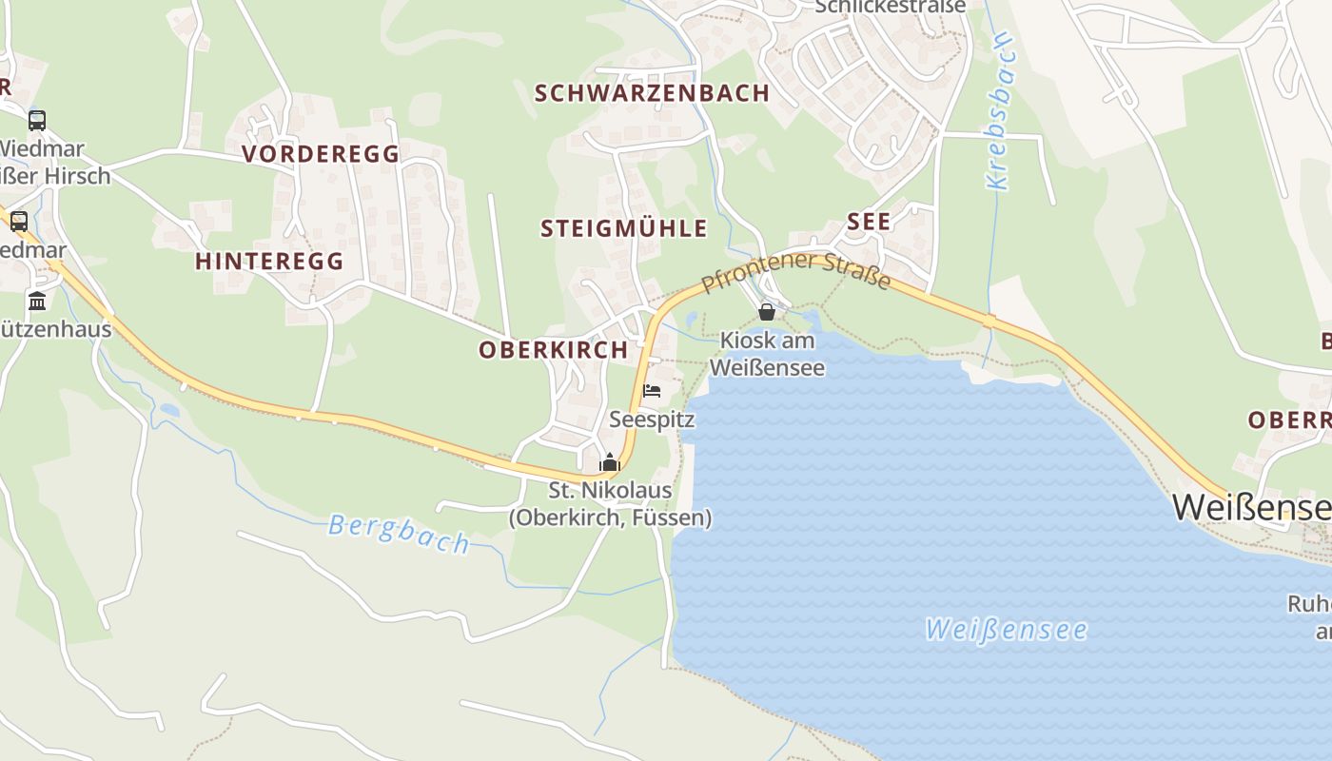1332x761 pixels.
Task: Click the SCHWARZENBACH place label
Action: pyautogui.click(x=652, y=93)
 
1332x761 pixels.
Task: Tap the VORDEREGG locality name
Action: pyautogui.click(x=321, y=154)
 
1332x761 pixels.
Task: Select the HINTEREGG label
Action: pyautogui.click(x=269, y=262)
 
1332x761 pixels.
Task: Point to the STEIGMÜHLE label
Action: pyautogui.click(x=624, y=228)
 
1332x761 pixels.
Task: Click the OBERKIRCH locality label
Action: pyautogui.click(x=554, y=350)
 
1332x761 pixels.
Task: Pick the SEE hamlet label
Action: pyautogui.click(x=869, y=223)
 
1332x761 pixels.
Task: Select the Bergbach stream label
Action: pyautogui.click(x=399, y=533)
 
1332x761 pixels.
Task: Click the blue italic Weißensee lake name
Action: pyautogui.click(x=1007, y=630)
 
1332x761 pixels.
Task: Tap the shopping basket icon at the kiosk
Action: pyautogui.click(x=767, y=311)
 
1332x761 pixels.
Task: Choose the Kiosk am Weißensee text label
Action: pyautogui.click(x=767, y=353)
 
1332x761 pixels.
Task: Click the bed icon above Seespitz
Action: pyautogui.click(x=652, y=391)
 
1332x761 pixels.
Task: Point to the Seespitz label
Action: pyautogui.click(x=652, y=420)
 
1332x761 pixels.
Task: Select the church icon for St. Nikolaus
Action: pyautogui.click(x=609, y=462)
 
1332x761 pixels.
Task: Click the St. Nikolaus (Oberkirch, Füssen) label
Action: pyautogui.click(x=610, y=504)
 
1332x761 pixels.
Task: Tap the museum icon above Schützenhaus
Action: pyautogui.click(x=37, y=302)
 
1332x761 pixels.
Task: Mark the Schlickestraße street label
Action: pyautogui.click(x=891, y=7)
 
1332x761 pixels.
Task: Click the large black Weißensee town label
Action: pyautogui.click(x=1251, y=507)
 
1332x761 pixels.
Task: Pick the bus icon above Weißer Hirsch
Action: pyautogui.click(x=37, y=121)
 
